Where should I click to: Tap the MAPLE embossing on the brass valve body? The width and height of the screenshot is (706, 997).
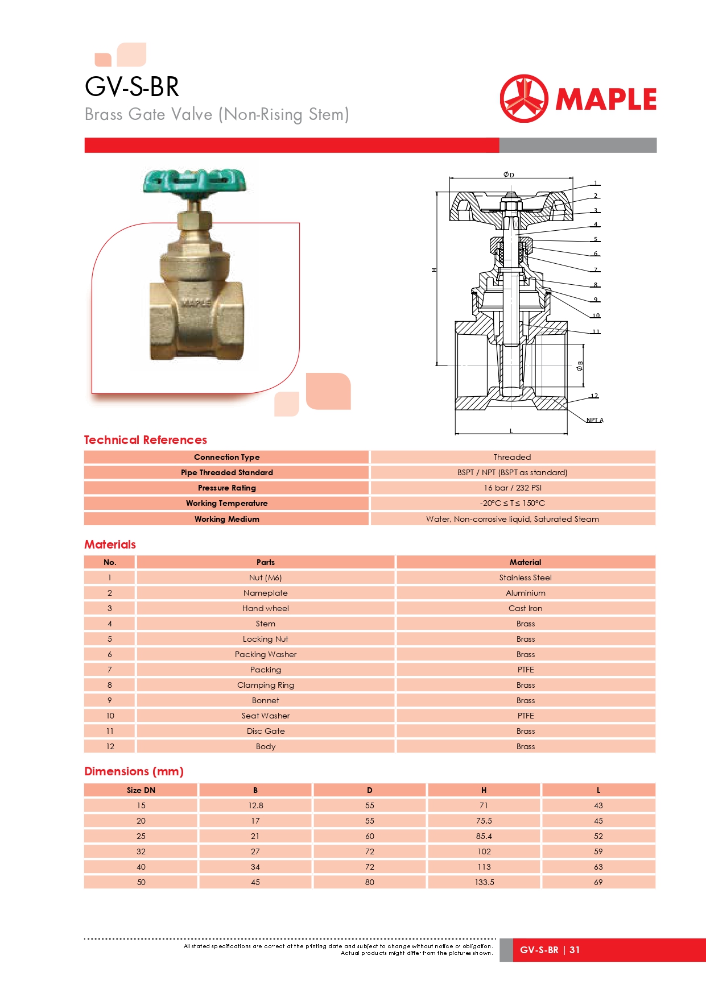click(196, 303)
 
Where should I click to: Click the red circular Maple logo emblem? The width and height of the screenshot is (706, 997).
click(524, 99)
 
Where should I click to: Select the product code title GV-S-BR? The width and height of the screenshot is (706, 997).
click(132, 87)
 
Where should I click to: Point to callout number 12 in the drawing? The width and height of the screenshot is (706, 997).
click(594, 396)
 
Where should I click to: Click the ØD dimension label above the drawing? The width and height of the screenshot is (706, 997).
click(509, 175)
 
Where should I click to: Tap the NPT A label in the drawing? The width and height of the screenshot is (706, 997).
click(594, 420)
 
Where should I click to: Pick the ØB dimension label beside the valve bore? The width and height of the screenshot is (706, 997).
click(580, 366)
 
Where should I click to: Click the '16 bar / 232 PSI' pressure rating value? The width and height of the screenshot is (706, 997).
click(513, 488)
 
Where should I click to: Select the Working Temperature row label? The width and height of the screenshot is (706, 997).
click(226, 503)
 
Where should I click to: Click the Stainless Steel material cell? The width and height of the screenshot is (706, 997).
click(525, 578)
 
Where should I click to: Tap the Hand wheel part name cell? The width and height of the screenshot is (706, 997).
click(265, 608)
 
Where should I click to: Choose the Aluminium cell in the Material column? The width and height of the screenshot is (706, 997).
click(525, 593)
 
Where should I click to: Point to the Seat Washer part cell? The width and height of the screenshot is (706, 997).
click(265, 716)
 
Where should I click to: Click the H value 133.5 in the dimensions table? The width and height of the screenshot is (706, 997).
click(484, 882)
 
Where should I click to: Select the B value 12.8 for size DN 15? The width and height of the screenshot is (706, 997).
click(255, 805)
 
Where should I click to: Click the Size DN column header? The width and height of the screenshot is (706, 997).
click(141, 790)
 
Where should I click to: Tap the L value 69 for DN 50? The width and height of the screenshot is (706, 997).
click(598, 882)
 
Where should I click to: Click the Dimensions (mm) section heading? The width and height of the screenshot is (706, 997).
click(134, 771)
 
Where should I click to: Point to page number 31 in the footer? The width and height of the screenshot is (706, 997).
click(575, 950)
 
